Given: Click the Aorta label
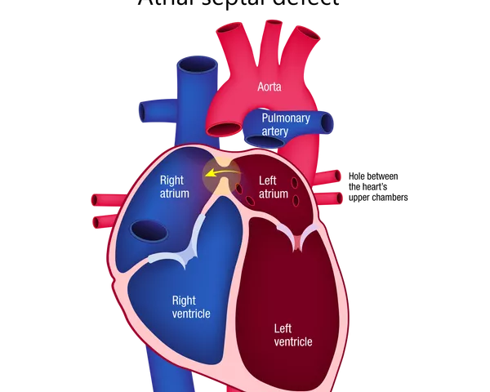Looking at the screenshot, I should [270, 86].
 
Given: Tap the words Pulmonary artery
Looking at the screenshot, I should [286, 124].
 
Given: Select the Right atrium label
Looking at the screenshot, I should [175, 187].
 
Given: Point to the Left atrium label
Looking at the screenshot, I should [273, 187].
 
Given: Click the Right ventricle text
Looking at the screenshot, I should [192, 307].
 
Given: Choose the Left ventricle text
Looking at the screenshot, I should [292, 335].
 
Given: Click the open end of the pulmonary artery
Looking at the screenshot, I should [328, 123].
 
